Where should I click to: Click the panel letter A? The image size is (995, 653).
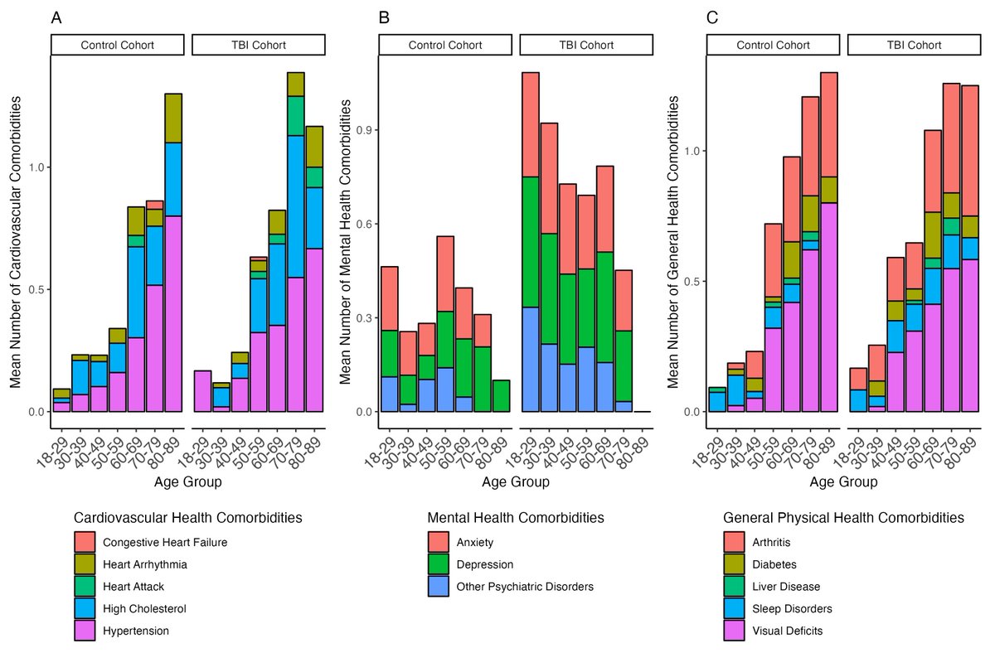point(56,17)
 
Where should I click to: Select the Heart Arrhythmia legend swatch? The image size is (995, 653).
point(85,564)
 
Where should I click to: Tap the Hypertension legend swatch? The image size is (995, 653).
point(85,631)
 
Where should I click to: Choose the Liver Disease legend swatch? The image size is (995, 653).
point(734,587)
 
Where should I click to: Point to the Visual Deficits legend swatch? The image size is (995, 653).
point(734,631)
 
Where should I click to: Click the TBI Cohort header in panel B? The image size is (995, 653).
point(585,45)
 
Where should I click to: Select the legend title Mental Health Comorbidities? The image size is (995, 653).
point(515,518)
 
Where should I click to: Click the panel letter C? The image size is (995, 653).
point(712,17)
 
